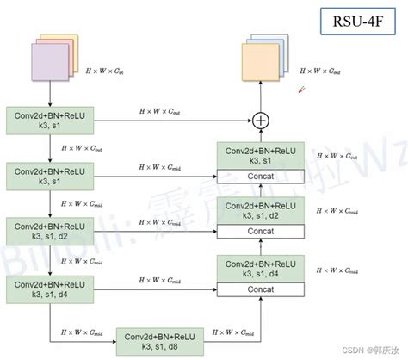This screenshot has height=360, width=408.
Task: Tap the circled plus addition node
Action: pyautogui.click(x=258, y=120)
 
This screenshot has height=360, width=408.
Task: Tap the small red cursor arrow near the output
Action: pyautogui.click(x=301, y=89)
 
